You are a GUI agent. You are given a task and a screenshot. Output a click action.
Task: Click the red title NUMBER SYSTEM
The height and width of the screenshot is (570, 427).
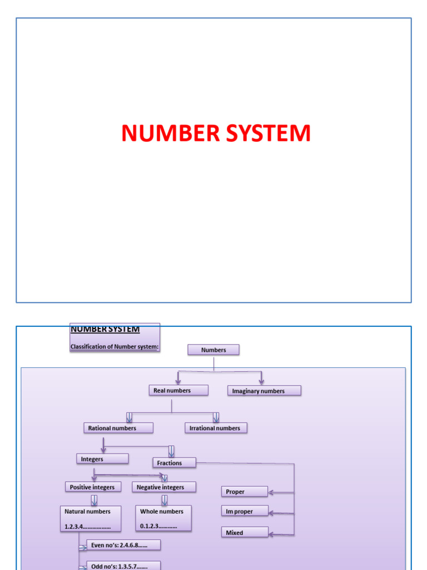(216, 134)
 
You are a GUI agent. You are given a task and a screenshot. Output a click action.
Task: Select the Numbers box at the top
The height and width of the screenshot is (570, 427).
(213, 350)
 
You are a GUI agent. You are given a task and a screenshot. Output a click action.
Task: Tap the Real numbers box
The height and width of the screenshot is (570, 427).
(178, 391)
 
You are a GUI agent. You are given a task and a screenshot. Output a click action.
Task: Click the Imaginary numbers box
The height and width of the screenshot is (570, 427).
(264, 391)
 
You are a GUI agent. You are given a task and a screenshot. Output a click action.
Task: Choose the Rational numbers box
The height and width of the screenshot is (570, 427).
(118, 428)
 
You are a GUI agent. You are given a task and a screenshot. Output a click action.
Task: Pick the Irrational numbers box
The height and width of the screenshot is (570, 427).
(216, 428)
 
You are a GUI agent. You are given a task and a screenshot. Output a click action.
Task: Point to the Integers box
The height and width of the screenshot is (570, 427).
(102, 459)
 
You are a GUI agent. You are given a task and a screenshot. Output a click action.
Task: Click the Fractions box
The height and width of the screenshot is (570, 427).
(174, 463)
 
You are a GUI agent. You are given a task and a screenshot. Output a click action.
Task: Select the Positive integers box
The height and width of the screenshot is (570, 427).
(92, 487)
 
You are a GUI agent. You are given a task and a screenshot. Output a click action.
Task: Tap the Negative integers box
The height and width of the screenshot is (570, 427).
(164, 487)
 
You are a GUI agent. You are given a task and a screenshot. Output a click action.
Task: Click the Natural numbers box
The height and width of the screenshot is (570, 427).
(90, 518)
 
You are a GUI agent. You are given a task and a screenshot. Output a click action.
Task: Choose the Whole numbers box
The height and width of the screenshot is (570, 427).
(163, 518)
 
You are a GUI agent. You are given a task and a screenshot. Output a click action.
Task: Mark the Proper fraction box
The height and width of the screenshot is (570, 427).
(245, 492)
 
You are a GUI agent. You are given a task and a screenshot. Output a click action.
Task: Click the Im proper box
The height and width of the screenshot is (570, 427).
(245, 511)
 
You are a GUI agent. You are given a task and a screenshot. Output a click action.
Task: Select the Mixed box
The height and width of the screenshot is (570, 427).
(245, 532)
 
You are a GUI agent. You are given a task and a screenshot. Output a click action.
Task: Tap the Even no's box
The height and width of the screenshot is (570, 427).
(123, 545)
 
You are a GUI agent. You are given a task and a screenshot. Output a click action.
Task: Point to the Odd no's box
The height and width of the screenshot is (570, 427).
(123, 566)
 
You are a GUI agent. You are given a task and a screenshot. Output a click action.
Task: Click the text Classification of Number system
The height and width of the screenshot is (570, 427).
(115, 347)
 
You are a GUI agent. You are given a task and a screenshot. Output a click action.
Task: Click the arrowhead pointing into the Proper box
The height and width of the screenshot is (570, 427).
(272, 492)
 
